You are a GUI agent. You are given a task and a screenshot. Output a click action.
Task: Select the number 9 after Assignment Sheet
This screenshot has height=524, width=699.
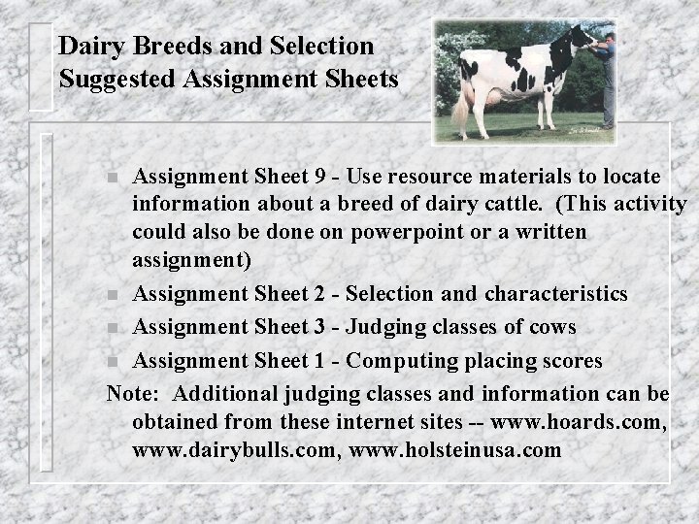(x=319, y=178)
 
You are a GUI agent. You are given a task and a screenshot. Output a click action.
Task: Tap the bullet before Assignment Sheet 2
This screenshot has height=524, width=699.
(x=114, y=294)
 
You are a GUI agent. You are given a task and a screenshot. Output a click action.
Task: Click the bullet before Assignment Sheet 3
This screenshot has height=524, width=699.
(x=114, y=328)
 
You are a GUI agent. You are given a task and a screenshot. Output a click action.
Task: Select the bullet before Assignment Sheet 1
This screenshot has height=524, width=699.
(x=114, y=362)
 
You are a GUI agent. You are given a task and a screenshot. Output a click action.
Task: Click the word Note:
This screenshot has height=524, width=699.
(x=135, y=393)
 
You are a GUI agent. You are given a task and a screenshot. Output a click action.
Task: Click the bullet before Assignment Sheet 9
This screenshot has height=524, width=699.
(x=114, y=179)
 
